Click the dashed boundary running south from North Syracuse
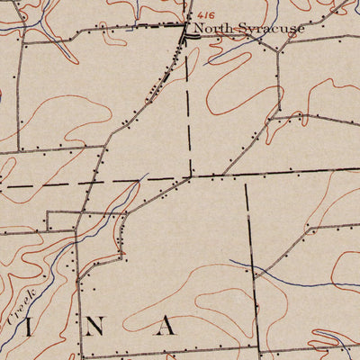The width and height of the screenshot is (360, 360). (x=190, y=108)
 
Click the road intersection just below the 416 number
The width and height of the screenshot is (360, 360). (x=186, y=29)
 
